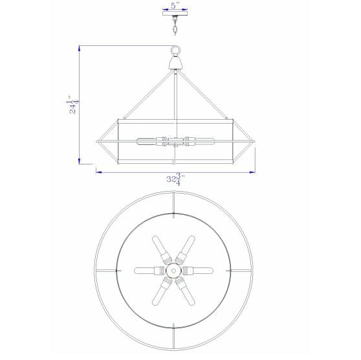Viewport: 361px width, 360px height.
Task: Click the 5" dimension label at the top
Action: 173,6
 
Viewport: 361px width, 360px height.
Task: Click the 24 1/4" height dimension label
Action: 72,105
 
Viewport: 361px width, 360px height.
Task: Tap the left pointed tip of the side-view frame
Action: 97,141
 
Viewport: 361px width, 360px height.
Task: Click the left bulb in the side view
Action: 149,141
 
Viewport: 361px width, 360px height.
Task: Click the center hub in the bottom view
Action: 174,268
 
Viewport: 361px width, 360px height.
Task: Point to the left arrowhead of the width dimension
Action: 98,172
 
